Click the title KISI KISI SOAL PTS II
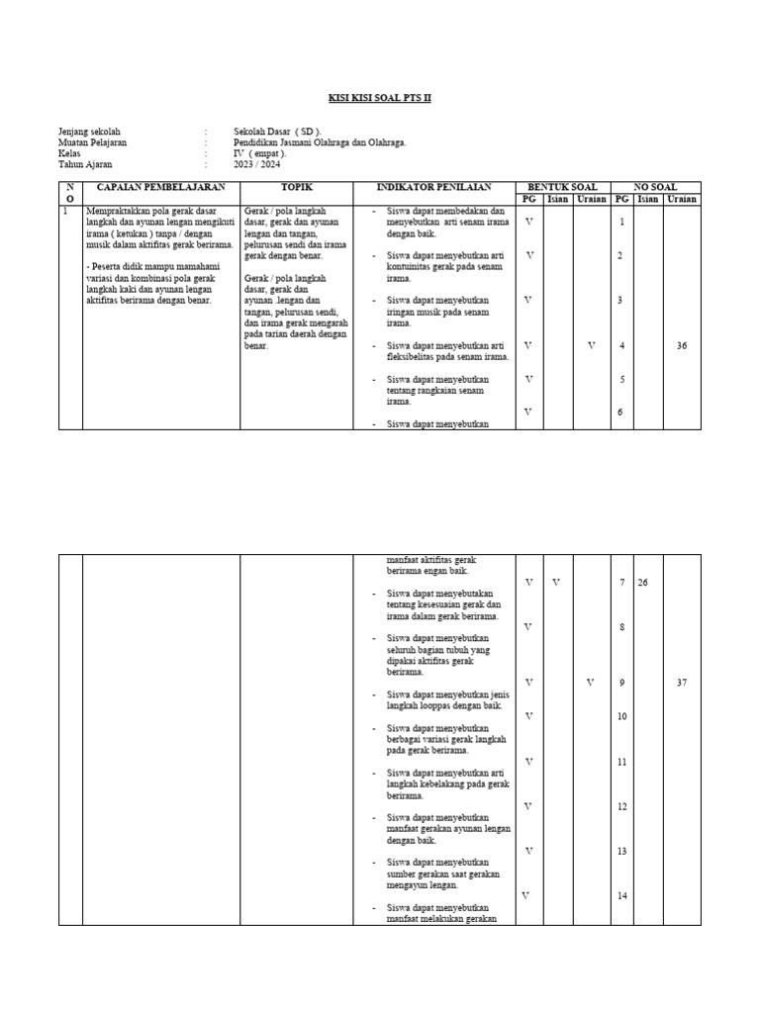380,98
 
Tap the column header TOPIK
295,187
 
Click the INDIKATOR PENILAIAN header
433,187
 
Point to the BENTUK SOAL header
562,187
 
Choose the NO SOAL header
655,187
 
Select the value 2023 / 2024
256,164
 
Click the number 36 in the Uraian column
682,346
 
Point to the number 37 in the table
682,683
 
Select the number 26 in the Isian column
643,583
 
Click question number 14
622,896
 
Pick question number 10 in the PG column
622,716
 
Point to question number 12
622,807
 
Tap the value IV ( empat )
260,153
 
